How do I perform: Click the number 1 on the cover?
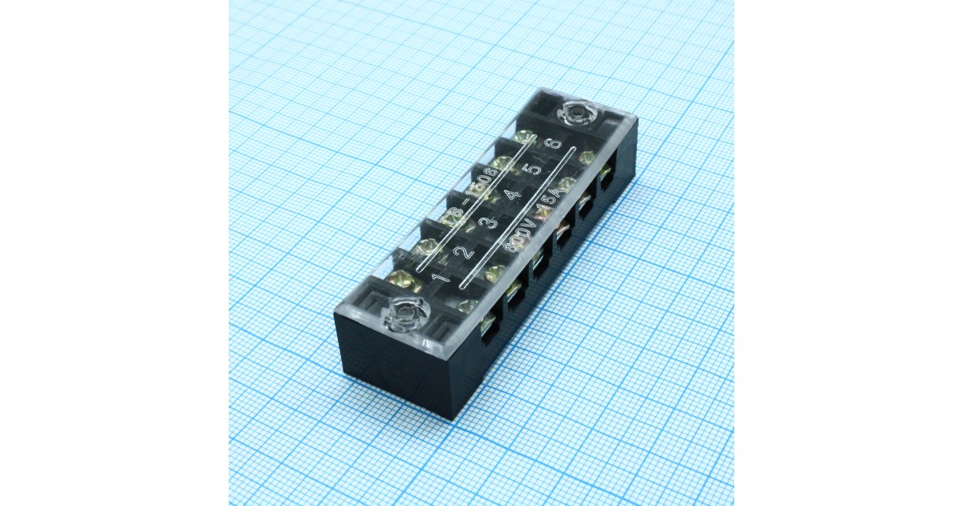coord(440,279)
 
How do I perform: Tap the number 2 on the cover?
coord(464,252)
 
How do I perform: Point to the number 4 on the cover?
coord(512,195)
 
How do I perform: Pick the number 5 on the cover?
coord(530,171)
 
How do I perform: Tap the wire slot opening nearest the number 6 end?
coord(608,171)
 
